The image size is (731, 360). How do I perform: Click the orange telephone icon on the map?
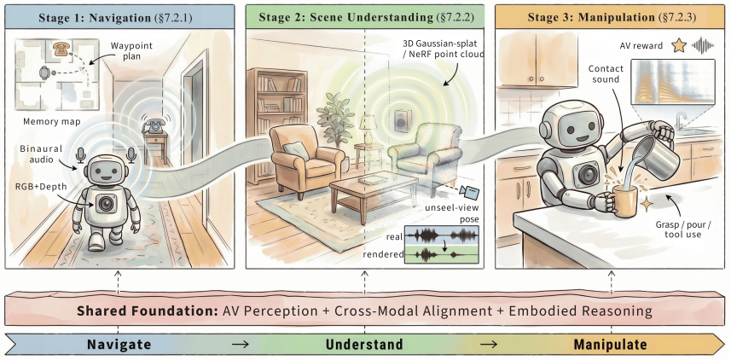[x=59, y=49]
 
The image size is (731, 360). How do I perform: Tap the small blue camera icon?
[x=468, y=191]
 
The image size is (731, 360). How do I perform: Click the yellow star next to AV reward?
[x=679, y=45]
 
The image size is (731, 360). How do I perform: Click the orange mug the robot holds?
[x=623, y=200]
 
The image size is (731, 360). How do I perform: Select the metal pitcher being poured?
[x=655, y=151]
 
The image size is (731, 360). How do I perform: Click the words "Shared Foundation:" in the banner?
[x=148, y=311]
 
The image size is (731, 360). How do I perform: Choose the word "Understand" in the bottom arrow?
[x=364, y=345]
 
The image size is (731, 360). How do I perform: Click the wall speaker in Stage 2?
[x=400, y=121]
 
